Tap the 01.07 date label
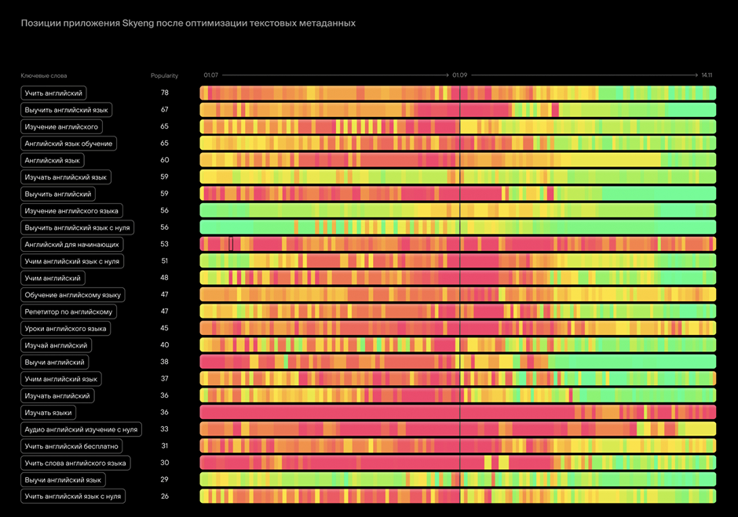210,75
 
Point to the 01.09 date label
459,75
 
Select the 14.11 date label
707,75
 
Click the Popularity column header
164,76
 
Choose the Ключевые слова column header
44,76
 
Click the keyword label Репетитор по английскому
68,311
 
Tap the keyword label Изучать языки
49,413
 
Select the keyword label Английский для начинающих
71,245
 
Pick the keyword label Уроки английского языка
65,329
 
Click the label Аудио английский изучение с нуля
81,429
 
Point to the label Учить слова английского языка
75,463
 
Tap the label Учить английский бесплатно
71,446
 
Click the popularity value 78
165,93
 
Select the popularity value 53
165,245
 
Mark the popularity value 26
165,497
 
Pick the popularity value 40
165,345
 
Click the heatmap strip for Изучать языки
458,413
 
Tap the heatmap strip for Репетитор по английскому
458,311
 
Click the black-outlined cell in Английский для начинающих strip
231,244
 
